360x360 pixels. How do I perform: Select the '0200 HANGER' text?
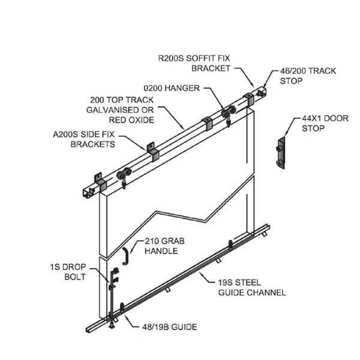175,88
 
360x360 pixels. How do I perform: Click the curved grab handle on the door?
125,256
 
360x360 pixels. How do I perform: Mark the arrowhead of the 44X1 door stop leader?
284,139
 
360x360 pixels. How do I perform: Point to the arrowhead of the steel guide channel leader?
196,273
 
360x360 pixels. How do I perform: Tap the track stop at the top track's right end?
262,92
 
